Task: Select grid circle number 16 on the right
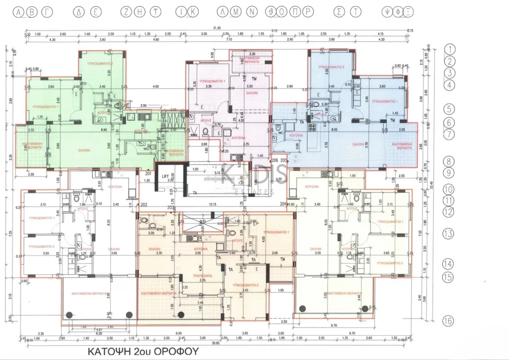(x=448, y=321)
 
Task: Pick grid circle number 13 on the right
(x=448, y=234)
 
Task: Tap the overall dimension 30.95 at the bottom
(x=214, y=343)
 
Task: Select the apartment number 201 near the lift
(x=148, y=174)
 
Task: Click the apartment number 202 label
(x=144, y=204)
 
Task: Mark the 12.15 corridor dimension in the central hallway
(x=213, y=204)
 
